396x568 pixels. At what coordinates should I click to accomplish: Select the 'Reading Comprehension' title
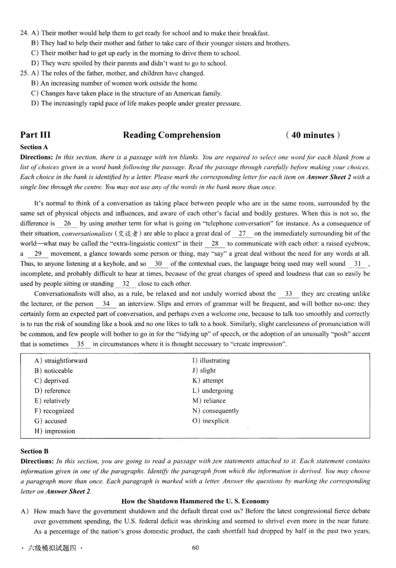point(171,135)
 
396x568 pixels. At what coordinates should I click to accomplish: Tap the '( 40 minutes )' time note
point(313,135)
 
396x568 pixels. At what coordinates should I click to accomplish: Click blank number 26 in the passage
point(68,223)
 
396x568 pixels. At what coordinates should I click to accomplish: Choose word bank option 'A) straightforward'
point(61,361)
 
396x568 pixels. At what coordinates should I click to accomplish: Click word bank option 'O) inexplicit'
point(210,421)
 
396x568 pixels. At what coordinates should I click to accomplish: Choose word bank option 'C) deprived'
point(51,381)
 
